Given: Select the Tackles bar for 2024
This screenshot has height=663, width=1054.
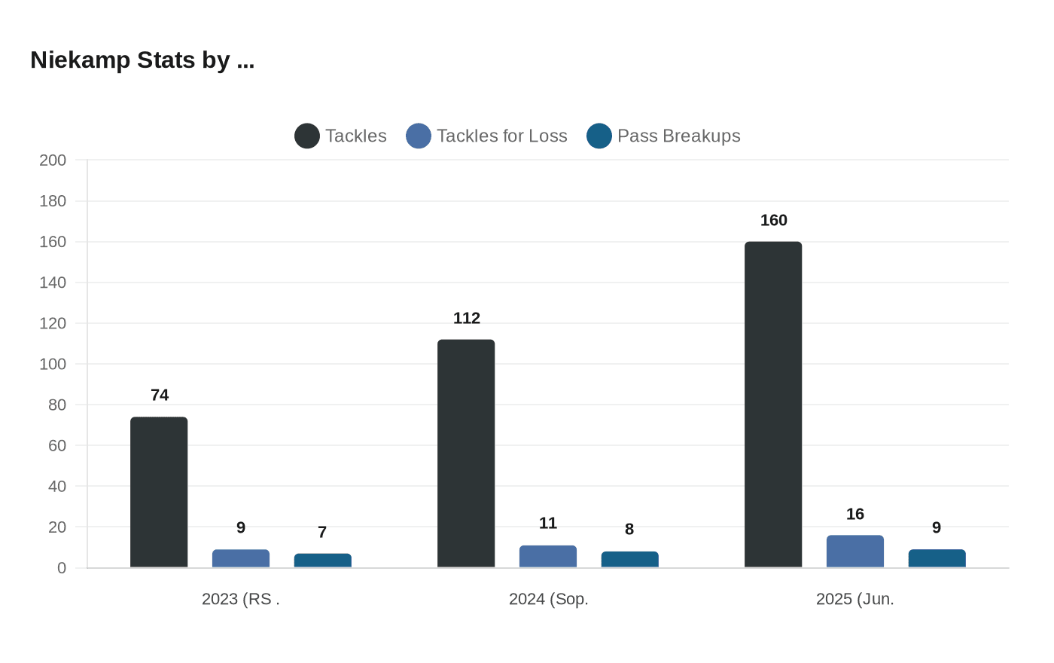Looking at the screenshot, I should (x=466, y=454).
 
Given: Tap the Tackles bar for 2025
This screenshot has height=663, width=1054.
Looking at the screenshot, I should (x=773, y=405).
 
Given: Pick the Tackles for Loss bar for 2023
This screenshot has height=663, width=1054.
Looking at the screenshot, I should (x=241, y=558).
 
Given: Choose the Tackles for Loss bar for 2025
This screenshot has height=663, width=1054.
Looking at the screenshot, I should (x=855, y=551).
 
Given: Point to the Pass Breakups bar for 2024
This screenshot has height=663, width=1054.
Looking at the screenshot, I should (x=630, y=560).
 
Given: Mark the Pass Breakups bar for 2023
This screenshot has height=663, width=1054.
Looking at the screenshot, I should (x=323, y=561).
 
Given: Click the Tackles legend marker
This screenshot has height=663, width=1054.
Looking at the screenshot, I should (x=307, y=136).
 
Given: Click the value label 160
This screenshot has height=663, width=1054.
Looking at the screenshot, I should (x=774, y=221).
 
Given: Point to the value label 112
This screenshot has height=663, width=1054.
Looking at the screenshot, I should (x=467, y=319).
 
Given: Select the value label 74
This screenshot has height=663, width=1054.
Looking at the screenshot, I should (x=160, y=396).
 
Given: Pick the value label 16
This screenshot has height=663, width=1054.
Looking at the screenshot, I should (x=855, y=515).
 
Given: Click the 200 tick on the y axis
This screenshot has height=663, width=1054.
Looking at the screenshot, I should (x=53, y=160).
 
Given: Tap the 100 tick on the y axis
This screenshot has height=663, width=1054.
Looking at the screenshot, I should (x=53, y=365).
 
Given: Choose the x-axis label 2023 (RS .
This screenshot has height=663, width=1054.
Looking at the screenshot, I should (x=241, y=600).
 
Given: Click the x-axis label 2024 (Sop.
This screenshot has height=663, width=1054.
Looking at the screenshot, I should (x=549, y=600).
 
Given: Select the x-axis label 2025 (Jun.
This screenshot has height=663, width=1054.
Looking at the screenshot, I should (x=855, y=600).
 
